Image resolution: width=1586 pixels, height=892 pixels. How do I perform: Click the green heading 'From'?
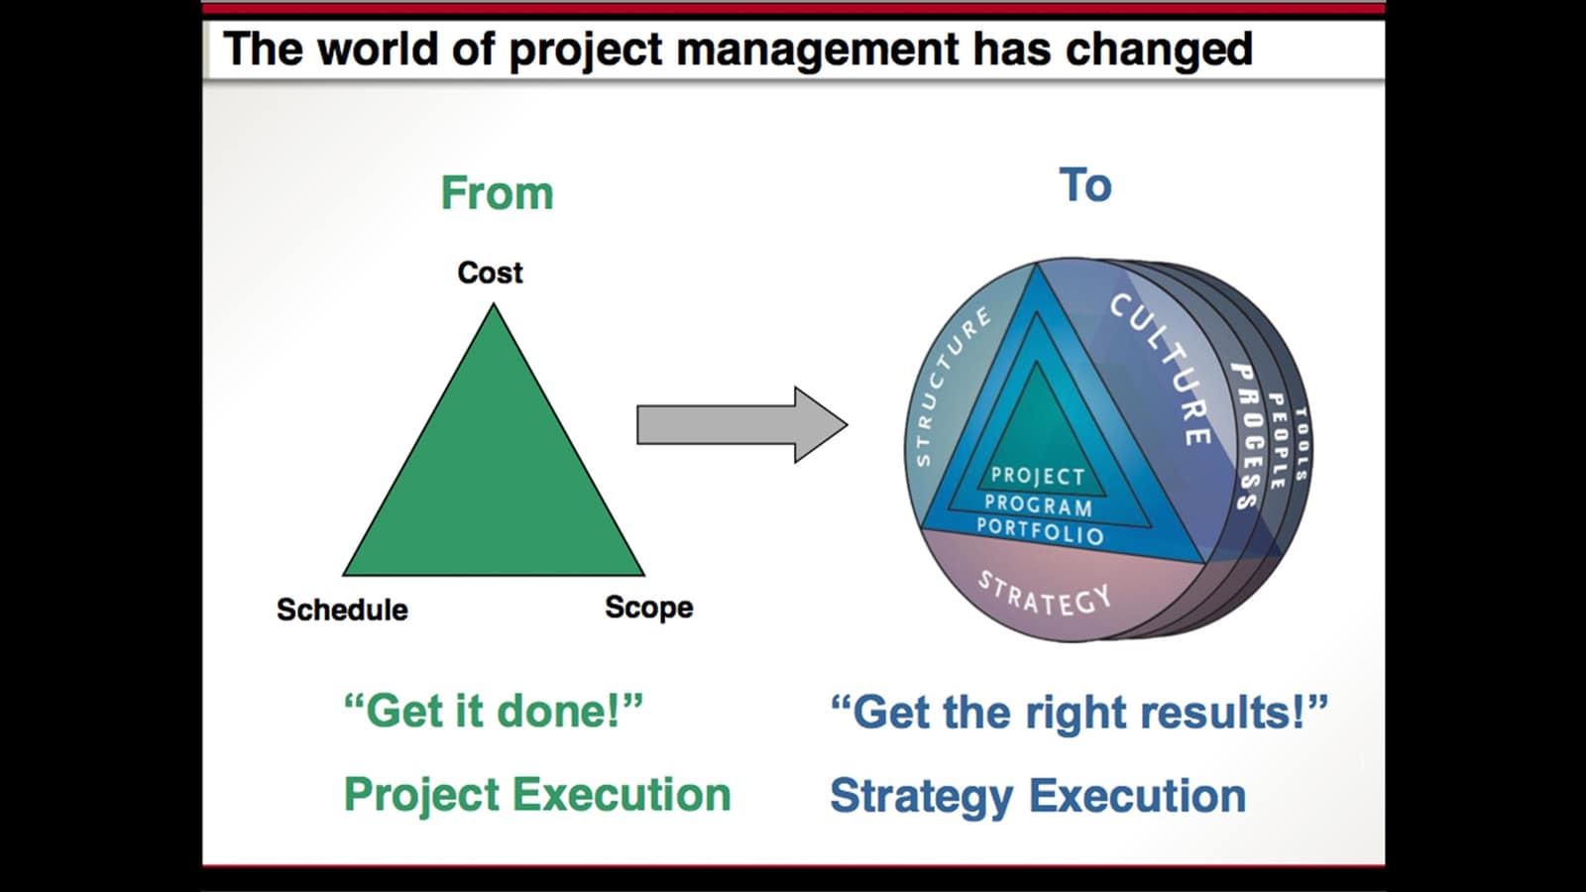pos(497,192)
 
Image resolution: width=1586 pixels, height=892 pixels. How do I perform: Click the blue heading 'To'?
pos(1085,185)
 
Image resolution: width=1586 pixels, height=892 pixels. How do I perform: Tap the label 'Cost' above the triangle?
pos(490,273)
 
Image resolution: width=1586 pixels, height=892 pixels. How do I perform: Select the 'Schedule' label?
pos(342,609)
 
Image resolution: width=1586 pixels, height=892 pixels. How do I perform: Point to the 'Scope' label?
pos(648,607)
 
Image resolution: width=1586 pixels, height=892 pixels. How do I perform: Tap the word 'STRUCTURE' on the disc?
pos(951,386)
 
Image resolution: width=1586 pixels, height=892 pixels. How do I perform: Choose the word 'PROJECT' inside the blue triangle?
pos(1038,477)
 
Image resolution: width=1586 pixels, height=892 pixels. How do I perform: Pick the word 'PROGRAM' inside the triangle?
pos(1038,505)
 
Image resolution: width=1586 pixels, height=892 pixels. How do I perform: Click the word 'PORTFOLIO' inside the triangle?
pos(1040,532)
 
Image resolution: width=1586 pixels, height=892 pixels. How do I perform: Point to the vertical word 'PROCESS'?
pos(1246,436)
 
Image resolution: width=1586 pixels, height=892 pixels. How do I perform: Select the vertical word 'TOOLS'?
pos(1302,444)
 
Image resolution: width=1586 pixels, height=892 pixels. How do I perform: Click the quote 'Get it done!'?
pos(493,711)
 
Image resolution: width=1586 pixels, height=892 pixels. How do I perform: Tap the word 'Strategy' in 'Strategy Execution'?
pos(921,796)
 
